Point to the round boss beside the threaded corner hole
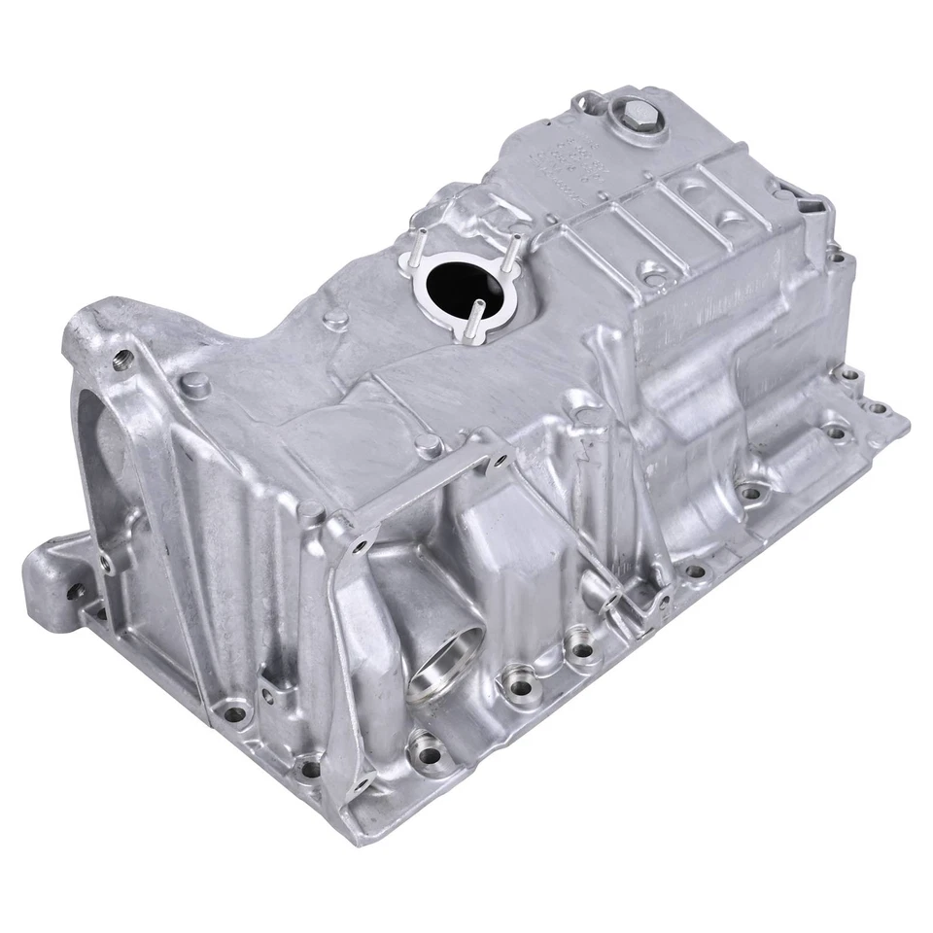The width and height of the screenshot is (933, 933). point(195,382)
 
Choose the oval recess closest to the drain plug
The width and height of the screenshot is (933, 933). point(693,182)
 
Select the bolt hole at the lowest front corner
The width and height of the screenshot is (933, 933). point(310,768)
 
